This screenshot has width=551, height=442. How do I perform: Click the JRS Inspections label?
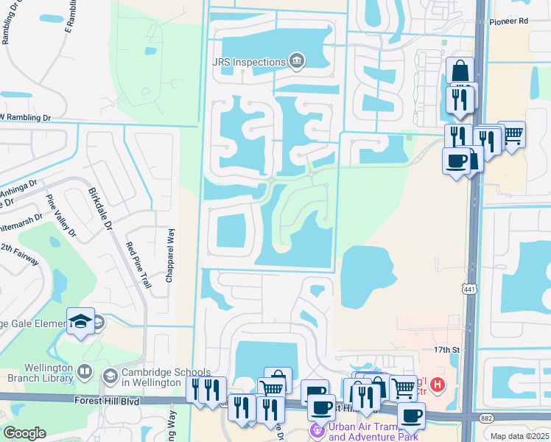(x=248, y=63)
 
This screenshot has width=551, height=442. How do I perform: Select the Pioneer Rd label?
(x=513, y=21)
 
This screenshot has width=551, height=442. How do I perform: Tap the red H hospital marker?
(x=438, y=384)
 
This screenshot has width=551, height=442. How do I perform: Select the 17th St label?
(x=446, y=351)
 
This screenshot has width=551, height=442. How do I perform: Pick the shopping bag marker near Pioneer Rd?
(x=460, y=71)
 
